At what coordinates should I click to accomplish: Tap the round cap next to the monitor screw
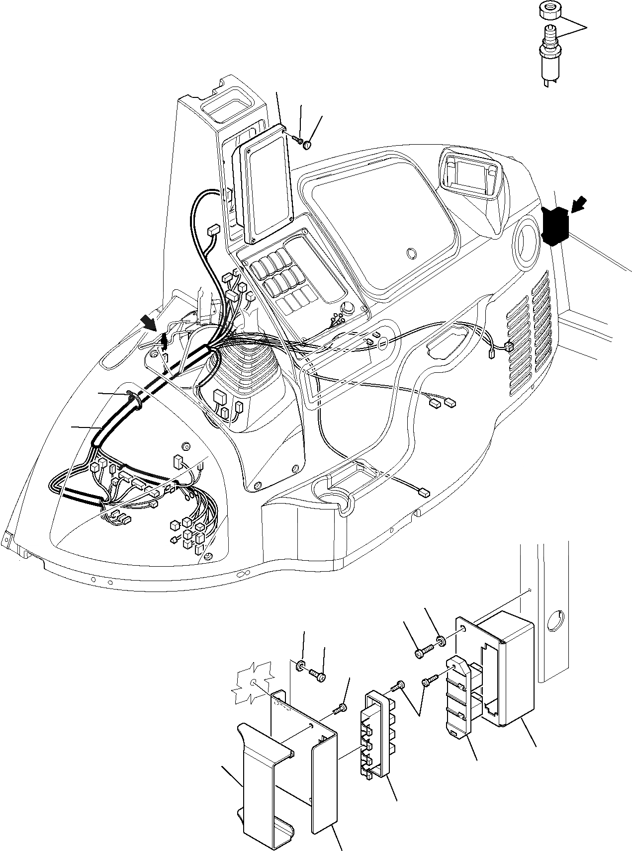click(x=308, y=145)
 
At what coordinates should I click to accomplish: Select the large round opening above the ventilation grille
click(x=525, y=245)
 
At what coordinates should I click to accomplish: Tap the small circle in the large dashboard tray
click(x=412, y=254)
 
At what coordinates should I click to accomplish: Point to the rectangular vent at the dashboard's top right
click(x=469, y=176)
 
